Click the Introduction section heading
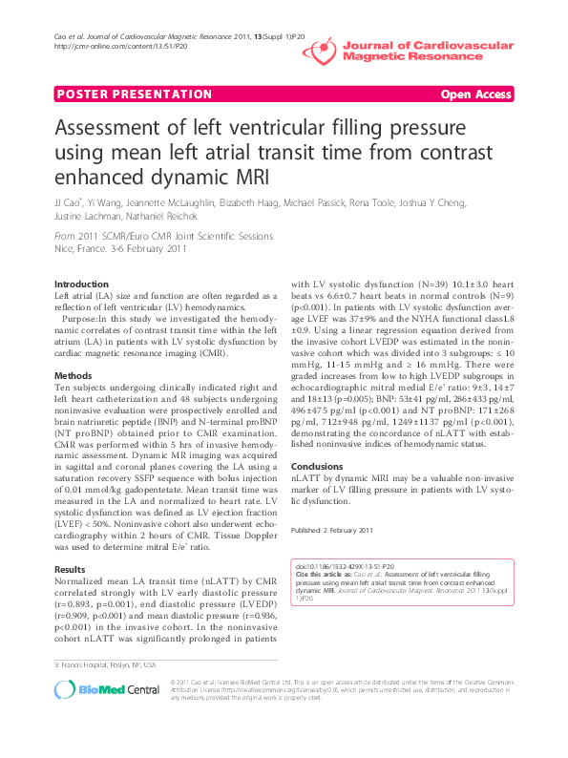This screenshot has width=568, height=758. click(82, 284)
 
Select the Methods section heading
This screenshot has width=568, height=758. click(73, 376)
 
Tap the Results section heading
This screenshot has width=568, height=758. click(71, 568)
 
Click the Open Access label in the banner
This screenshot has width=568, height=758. click(475, 94)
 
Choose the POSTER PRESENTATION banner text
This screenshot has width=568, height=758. click(135, 94)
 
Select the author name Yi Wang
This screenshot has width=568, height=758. click(105, 202)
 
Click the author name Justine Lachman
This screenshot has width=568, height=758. click(84, 217)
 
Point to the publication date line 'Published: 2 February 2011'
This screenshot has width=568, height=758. click(333, 529)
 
